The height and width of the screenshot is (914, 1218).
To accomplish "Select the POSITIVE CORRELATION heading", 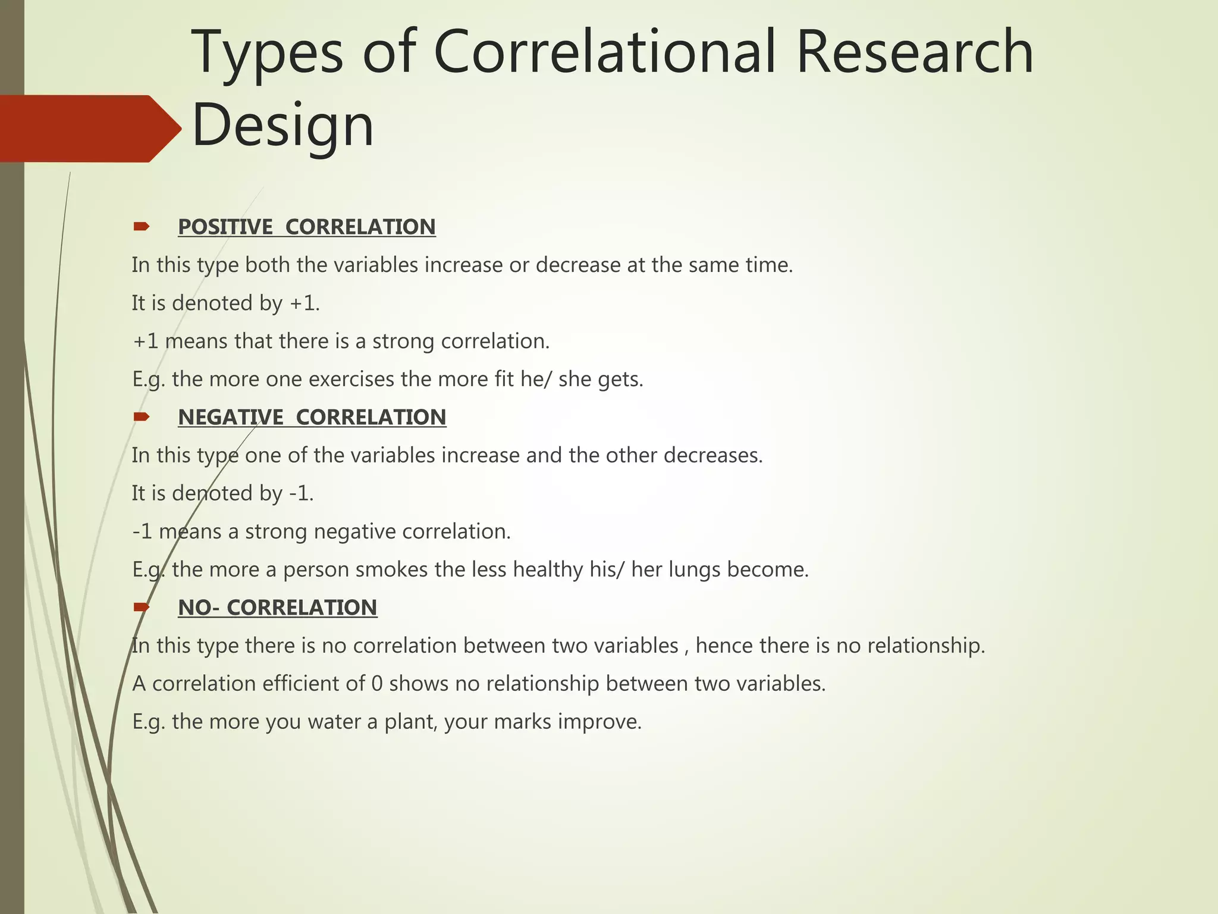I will (x=306, y=227).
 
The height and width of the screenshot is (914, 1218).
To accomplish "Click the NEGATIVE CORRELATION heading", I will (x=312, y=417).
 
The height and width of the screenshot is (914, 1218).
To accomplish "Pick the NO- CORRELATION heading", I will (x=277, y=608).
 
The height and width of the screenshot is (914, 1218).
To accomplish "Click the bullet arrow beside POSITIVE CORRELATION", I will (x=142, y=226).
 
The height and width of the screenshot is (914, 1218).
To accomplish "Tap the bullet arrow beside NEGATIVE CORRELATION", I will (x=142, y=417).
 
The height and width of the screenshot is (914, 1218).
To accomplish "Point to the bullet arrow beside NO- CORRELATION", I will (x=142, y=607).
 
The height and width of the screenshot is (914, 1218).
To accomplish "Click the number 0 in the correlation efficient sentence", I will (x=376, y=684).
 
